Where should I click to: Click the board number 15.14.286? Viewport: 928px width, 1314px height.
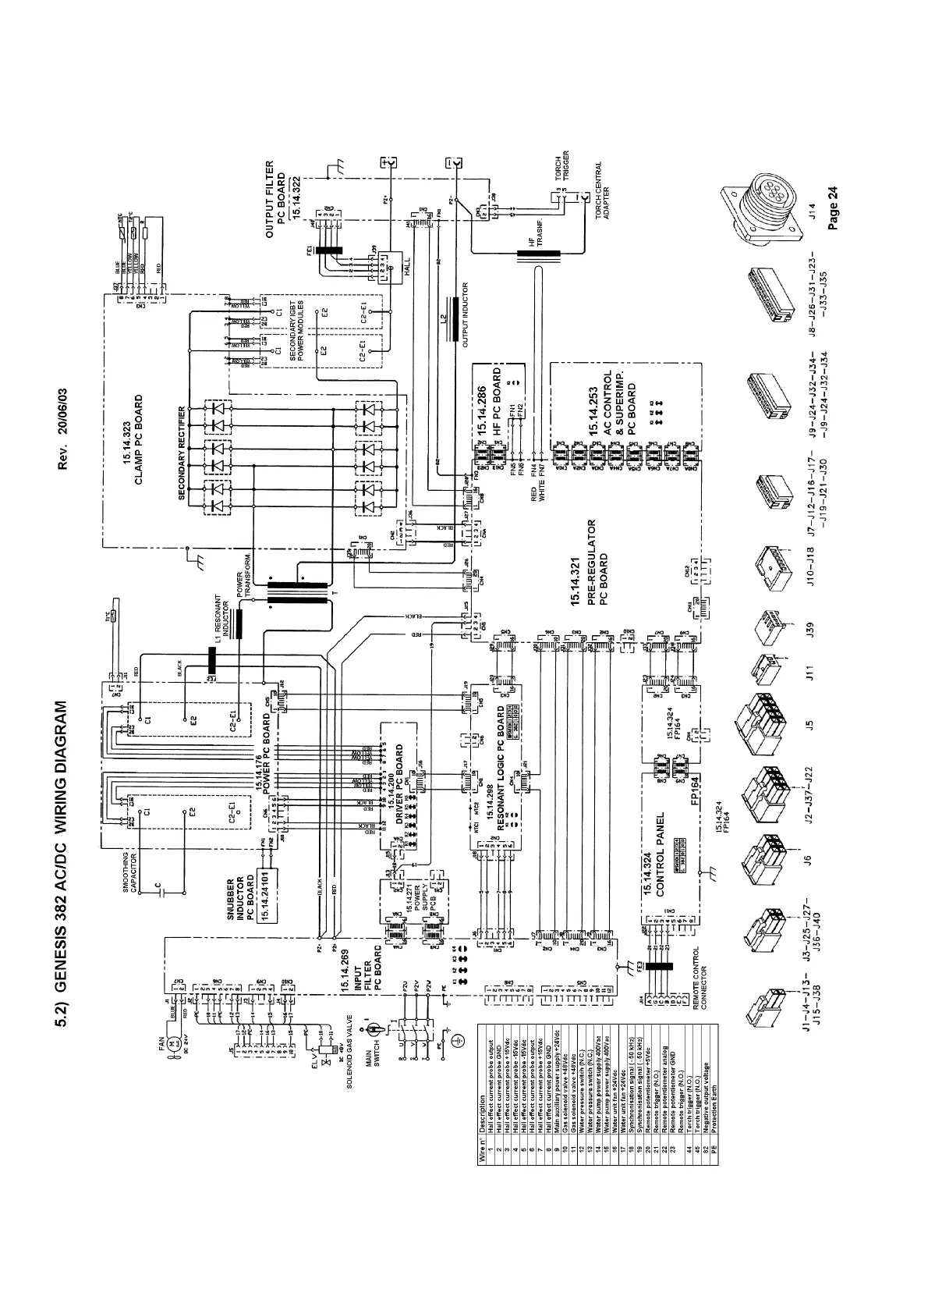(483, 410)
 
